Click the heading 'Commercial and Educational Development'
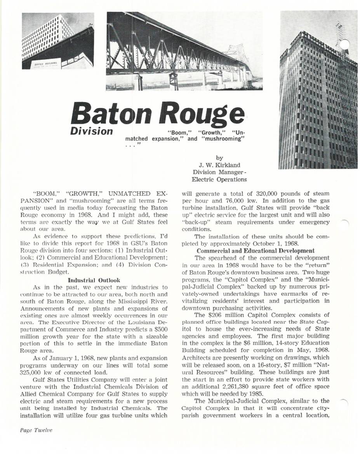click(255, 250)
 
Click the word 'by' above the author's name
click(219, 158)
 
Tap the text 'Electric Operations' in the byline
click(219, 179)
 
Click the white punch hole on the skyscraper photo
click(344, 45)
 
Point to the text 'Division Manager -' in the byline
click(219, 172)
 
